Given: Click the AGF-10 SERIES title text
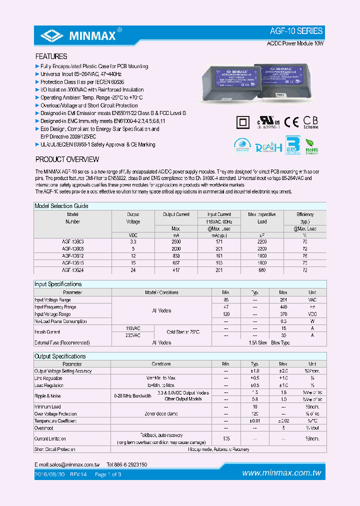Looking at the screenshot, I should (296, 31).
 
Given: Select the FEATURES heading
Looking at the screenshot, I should (51, 56).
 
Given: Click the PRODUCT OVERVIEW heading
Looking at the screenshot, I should (67, 159).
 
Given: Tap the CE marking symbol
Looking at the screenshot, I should (291, 122).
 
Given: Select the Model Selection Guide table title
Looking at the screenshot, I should (61, 206).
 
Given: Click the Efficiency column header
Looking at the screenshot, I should (304, 214).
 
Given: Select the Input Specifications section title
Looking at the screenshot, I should (58, 284).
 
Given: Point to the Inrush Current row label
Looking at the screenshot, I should (47, 332).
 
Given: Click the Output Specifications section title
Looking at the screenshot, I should (60, 356).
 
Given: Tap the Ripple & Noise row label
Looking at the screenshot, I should (47, 396).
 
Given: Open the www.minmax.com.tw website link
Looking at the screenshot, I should (281, 473).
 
